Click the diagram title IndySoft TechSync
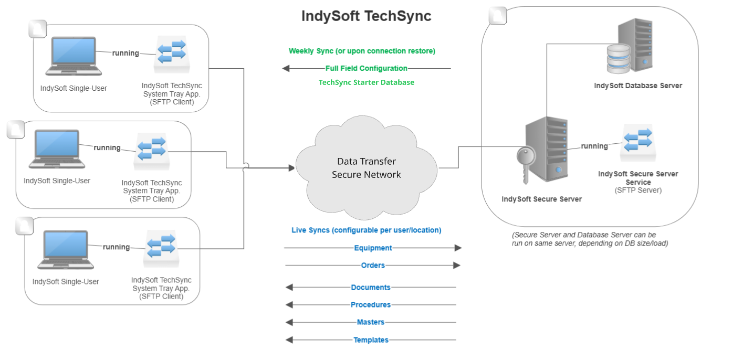(366, 16)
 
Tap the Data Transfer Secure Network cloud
(366, 168)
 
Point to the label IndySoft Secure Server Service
(638, 178)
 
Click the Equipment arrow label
(373, 248)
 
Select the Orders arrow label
(373, 266)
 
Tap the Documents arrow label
(371, 288)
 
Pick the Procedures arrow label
(371, 305)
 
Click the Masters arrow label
(371, 322)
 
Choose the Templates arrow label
(371, 340)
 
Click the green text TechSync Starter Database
(366, 82)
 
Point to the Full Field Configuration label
(366, 68)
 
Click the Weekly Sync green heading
(362, 51)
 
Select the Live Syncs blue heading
(366, 230)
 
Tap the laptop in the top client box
(73, 56)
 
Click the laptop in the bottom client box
(66, 250)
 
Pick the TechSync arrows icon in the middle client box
(151, 151)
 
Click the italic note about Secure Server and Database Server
(590, 239)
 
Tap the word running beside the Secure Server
(594, 146)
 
